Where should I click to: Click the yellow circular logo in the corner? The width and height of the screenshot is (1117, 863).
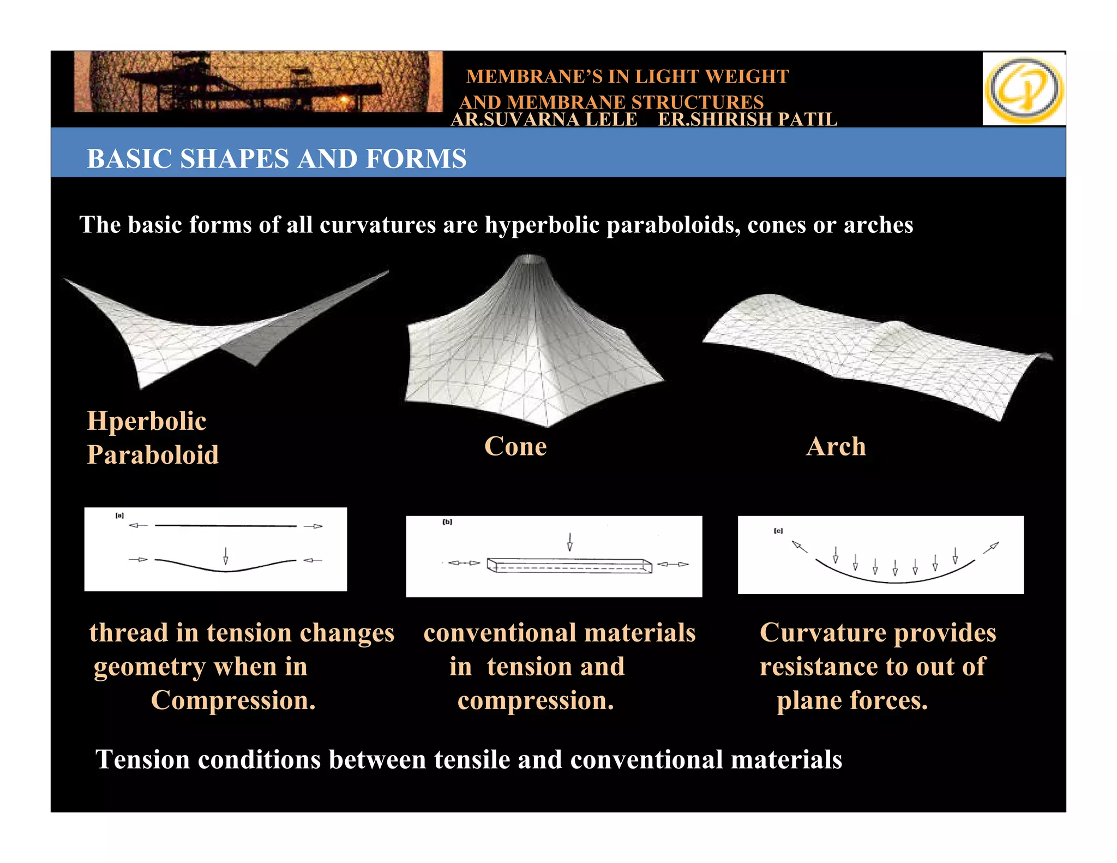click(1024, 89)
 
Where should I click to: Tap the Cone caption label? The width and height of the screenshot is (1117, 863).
click(515, 446)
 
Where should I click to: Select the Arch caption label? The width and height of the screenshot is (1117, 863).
click(836, 446)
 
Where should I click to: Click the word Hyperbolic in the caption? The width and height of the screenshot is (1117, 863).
click(147, 421)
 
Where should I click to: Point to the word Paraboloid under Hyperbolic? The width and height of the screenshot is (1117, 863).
click(153, 455)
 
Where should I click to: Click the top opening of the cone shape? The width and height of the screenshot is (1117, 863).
click(530, 259)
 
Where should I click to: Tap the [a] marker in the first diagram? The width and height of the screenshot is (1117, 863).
click(119, 516)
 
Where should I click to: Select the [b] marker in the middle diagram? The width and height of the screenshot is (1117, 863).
click(447, 522)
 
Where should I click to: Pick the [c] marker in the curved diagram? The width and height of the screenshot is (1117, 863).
click(778, 531)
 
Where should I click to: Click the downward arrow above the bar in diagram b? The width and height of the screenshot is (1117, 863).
click(569, 542)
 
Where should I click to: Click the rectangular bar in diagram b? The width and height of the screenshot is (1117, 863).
click(569, 565)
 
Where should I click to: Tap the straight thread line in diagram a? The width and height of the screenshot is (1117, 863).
click(226, 526)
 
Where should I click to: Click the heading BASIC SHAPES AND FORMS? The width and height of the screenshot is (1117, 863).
click(277, 159)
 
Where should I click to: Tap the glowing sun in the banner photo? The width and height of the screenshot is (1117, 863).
click(344, 100)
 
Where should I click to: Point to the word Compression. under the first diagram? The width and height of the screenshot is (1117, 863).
click(233, 700)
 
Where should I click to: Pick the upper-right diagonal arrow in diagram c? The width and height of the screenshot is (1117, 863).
click(991, 548)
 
